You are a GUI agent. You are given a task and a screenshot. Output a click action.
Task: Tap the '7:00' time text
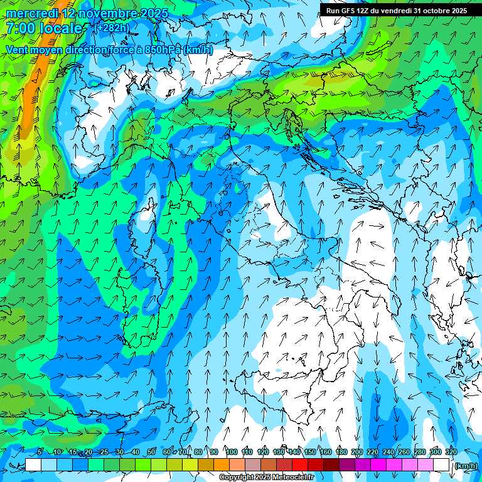point(20,28)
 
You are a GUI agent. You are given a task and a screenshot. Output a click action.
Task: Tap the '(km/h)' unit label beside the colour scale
point(466,466)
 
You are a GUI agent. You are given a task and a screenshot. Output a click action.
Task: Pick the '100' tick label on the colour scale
point(231,453)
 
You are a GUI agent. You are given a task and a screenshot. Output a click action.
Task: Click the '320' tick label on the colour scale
point(451,453)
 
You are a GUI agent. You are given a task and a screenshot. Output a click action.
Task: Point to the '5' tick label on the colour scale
point(40,453)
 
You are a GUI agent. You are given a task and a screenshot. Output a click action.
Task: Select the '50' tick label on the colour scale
point(151,453)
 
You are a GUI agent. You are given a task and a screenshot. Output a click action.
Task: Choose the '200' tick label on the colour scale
point(356,453)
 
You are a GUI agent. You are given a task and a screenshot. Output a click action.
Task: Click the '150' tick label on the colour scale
point(310,453)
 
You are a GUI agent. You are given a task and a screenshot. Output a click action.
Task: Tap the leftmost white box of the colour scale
point(33,465)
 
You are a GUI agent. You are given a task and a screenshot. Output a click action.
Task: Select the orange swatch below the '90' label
point(222,465)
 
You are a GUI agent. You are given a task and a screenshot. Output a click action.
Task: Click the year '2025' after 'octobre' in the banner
point(456,11)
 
